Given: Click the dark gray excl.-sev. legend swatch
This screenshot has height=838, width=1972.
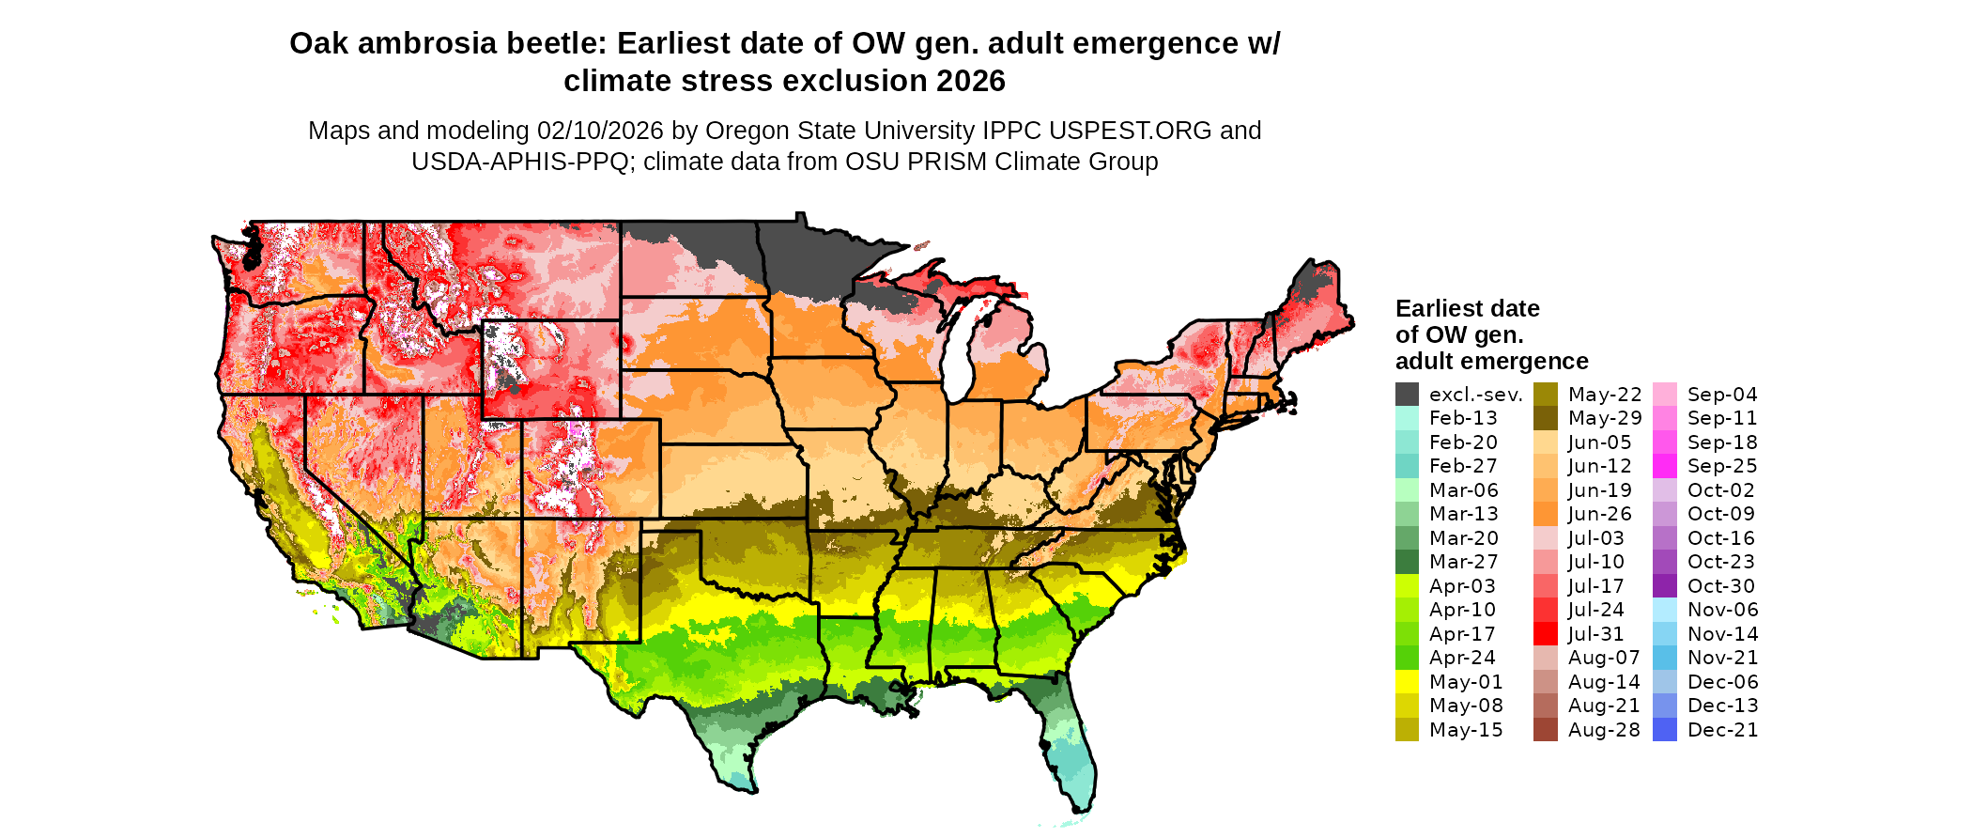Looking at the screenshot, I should (x=1407, y=395).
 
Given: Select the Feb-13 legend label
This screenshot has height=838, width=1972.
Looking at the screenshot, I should (x=1463, y=418).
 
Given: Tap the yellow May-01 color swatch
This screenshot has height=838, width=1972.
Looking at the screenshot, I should (x=1407, y=682).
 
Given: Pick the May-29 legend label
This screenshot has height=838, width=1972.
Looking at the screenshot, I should (x=1605, y=418).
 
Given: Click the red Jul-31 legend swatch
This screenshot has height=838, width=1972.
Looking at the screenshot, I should (x=1545, y=634).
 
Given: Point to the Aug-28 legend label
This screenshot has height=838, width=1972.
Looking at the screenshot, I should (x=1604, y=730).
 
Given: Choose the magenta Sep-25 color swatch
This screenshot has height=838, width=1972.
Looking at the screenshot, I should (x=1664, y=466).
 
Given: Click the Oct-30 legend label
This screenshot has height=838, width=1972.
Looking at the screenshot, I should (x=1721, y=586).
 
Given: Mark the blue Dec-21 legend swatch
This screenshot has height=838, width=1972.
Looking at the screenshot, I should (x=1664, y=730).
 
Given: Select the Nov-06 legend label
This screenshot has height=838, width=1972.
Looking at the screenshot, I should (x=1722, y=610).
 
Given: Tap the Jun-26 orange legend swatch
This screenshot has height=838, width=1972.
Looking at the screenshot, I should (x=1545, y=514).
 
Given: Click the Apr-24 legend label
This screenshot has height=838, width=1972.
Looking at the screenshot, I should (x=1462, y=658).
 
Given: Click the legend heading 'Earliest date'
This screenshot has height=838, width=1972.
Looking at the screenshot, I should (x=1467, y=308).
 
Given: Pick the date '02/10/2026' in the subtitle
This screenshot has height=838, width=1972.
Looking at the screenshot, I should (x=600, y=131).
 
